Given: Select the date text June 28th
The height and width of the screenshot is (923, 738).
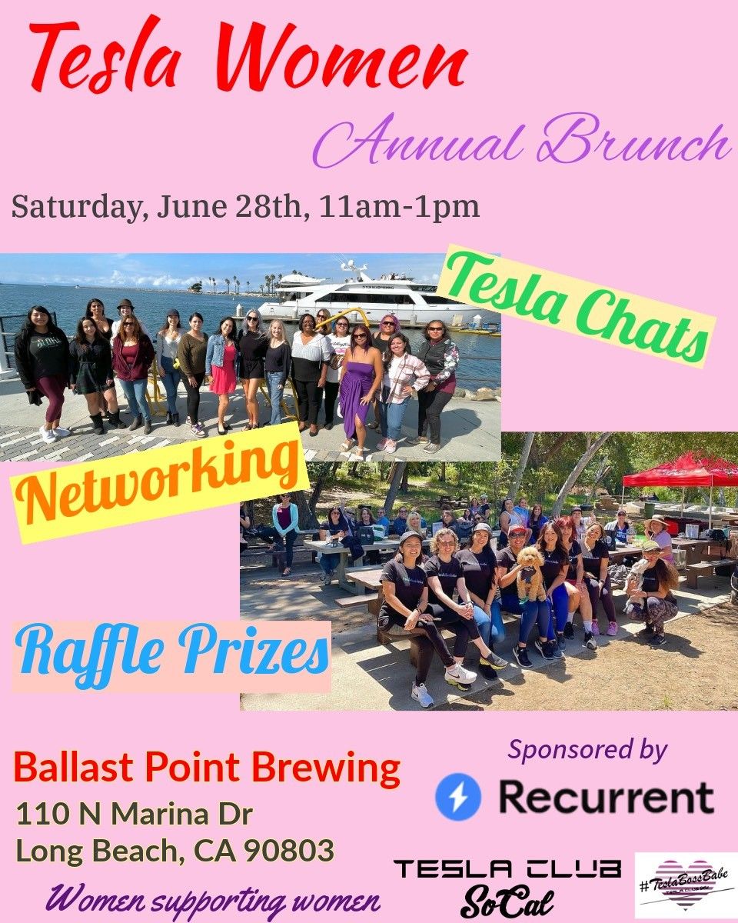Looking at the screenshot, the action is coord(230,208).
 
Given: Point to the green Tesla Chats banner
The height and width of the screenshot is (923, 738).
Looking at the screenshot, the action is coord(577,306).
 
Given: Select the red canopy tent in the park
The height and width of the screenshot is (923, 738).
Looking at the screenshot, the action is coord(680,471).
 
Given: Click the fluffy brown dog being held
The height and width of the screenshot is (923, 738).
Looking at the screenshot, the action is coord(530,574).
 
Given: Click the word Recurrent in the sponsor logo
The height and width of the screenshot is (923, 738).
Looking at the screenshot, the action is coord(607,797).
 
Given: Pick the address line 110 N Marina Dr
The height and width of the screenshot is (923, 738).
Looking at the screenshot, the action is coord(134,814).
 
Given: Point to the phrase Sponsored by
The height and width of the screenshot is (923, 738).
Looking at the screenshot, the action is coord(587,751).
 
